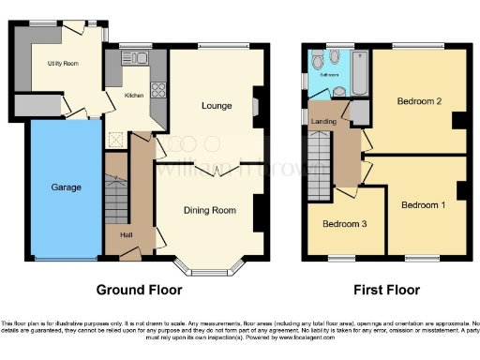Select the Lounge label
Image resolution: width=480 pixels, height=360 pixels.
[x=216, y=106]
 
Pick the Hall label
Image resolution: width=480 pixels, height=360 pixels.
[x=126, y=234]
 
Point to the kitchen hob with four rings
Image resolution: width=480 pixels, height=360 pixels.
[x=157, y=91]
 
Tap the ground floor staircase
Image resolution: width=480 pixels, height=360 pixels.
[x=116, y=197]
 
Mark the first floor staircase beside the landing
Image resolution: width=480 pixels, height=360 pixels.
[x=321, y=164]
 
